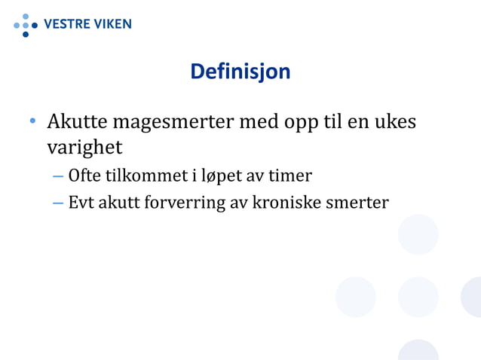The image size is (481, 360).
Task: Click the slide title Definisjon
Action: (x=240, y=72)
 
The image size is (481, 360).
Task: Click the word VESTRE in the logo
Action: (x=67, y=23)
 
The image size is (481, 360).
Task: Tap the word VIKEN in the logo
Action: (x=112, y=23)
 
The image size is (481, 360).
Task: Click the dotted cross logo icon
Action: (x=25, y=25)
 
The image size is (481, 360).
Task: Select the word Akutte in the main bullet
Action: (x=76, y=122)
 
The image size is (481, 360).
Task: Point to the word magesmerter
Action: (x=176, y=123)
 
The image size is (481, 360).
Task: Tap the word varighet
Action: (x=84, y=145)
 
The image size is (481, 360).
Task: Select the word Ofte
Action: (x=85, y=176)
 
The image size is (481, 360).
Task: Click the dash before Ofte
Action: (x=58, y=177)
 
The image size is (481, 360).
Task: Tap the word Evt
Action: (x=81, y=203)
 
